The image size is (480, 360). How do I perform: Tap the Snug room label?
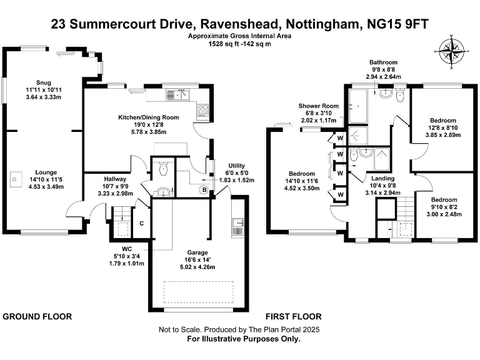[43, 82]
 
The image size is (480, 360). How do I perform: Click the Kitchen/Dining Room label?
[149, 117]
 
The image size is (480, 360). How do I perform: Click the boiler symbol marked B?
[203, 189]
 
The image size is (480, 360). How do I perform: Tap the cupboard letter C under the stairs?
[142, 223]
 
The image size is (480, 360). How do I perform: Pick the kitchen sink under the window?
[177, 95]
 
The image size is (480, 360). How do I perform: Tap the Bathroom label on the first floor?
[383, 62]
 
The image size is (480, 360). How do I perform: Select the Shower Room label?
[318, 106]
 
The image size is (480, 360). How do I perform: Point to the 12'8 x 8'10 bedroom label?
[443, 120]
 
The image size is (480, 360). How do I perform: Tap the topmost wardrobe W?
[340, 137]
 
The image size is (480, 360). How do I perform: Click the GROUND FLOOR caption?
[37, 317]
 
